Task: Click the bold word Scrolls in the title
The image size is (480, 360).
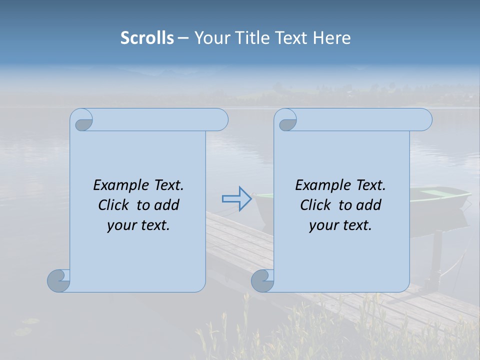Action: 147,38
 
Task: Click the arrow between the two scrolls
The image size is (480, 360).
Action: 236,199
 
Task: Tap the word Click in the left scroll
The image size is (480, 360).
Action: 114,205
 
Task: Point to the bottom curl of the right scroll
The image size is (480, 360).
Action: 262,281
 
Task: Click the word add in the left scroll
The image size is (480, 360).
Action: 166,205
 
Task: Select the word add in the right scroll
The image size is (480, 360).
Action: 368,205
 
